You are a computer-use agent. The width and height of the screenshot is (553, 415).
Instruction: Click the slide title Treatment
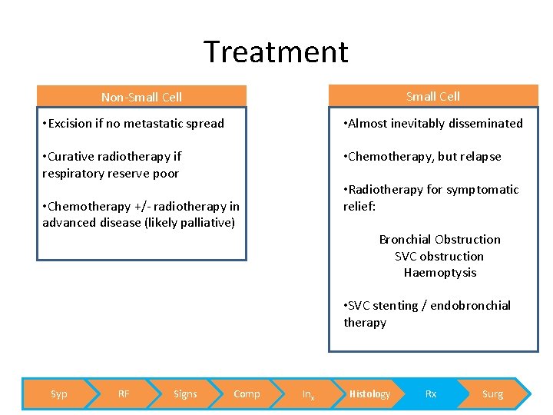pyautogui.click(x=276, y=52)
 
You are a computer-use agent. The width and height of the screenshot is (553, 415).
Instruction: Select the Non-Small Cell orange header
pyautogui.click(x=142, y=97)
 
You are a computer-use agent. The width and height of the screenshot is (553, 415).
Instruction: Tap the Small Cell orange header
pyautogui.click(x=433, y=96)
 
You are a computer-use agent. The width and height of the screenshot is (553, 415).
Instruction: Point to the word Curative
pyautogui.click(x=74, y=156)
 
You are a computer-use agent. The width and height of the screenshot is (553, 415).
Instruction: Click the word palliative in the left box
pyautogui.click(x=206, y=223)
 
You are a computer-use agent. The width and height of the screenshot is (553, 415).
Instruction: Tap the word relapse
pyautogui.click(x=481, y=156)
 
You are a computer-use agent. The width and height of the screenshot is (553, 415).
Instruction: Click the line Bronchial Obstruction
pyautogui.click(x=439, y=240)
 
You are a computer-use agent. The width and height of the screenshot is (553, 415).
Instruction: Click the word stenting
pyautogui.click(x=399, y=306)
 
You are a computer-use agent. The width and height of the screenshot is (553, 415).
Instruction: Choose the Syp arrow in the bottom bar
pyautogui.click(x=58, y=394)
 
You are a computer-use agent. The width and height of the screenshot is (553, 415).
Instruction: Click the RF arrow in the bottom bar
pyautogui.click(x=123, y=394)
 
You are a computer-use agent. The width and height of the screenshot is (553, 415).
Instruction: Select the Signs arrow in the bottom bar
pyautogui.click(x=185, y=394)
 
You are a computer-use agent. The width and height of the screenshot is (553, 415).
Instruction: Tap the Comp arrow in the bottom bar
pyautogui.click(x=247, y=394)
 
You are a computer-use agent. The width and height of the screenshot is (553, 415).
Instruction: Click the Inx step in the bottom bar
pyautogui.click(x=308, y=394)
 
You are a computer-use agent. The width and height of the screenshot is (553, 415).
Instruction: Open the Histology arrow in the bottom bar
pyautogui.click(x=369, y=394)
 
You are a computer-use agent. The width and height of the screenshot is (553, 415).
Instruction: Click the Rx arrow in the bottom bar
pyautogui.click(x=431, y=394)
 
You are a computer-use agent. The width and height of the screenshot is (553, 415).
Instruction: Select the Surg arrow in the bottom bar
pyautogui.click(x=492, y=394)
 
